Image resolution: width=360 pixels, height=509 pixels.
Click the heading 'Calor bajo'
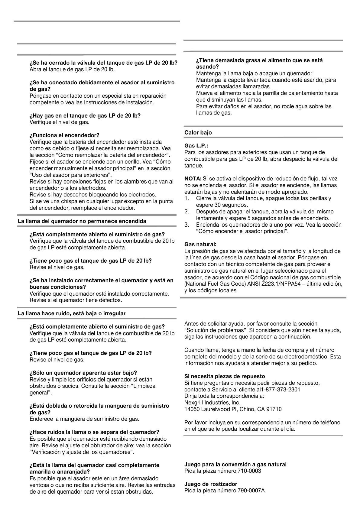198,132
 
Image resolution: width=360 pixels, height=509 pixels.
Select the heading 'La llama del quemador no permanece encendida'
82,221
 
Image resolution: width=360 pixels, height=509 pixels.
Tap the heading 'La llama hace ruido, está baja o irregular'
72,313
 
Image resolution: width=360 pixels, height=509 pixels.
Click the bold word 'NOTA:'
193,179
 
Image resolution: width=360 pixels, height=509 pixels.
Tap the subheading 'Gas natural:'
200,244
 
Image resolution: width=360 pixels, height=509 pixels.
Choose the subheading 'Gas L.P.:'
196,146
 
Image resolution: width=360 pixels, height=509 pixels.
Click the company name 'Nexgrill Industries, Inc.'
212,403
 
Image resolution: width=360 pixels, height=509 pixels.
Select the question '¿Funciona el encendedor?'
64,135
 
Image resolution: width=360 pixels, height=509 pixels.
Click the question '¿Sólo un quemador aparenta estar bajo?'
83,373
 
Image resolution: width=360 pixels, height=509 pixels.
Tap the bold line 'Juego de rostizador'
211,484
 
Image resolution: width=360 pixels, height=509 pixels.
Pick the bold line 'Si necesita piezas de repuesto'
225,376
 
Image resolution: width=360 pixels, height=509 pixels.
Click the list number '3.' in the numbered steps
187,225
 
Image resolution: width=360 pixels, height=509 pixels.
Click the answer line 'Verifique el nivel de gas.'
60,122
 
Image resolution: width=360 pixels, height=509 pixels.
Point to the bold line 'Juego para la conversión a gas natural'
235,464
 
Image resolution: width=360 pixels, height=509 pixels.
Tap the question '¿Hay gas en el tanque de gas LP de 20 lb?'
85,115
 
